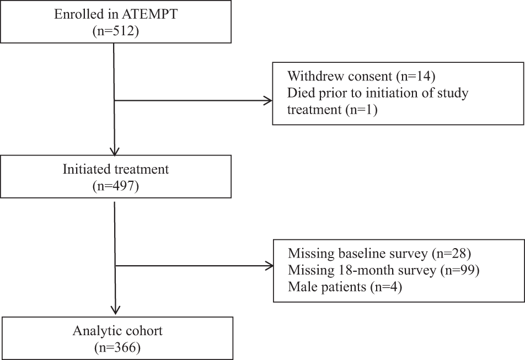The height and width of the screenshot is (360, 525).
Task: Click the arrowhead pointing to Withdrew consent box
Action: pyautogui.click(x=269, y=101)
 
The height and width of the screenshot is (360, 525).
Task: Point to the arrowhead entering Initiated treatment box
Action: pyautogui.click(x=114, y=153)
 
